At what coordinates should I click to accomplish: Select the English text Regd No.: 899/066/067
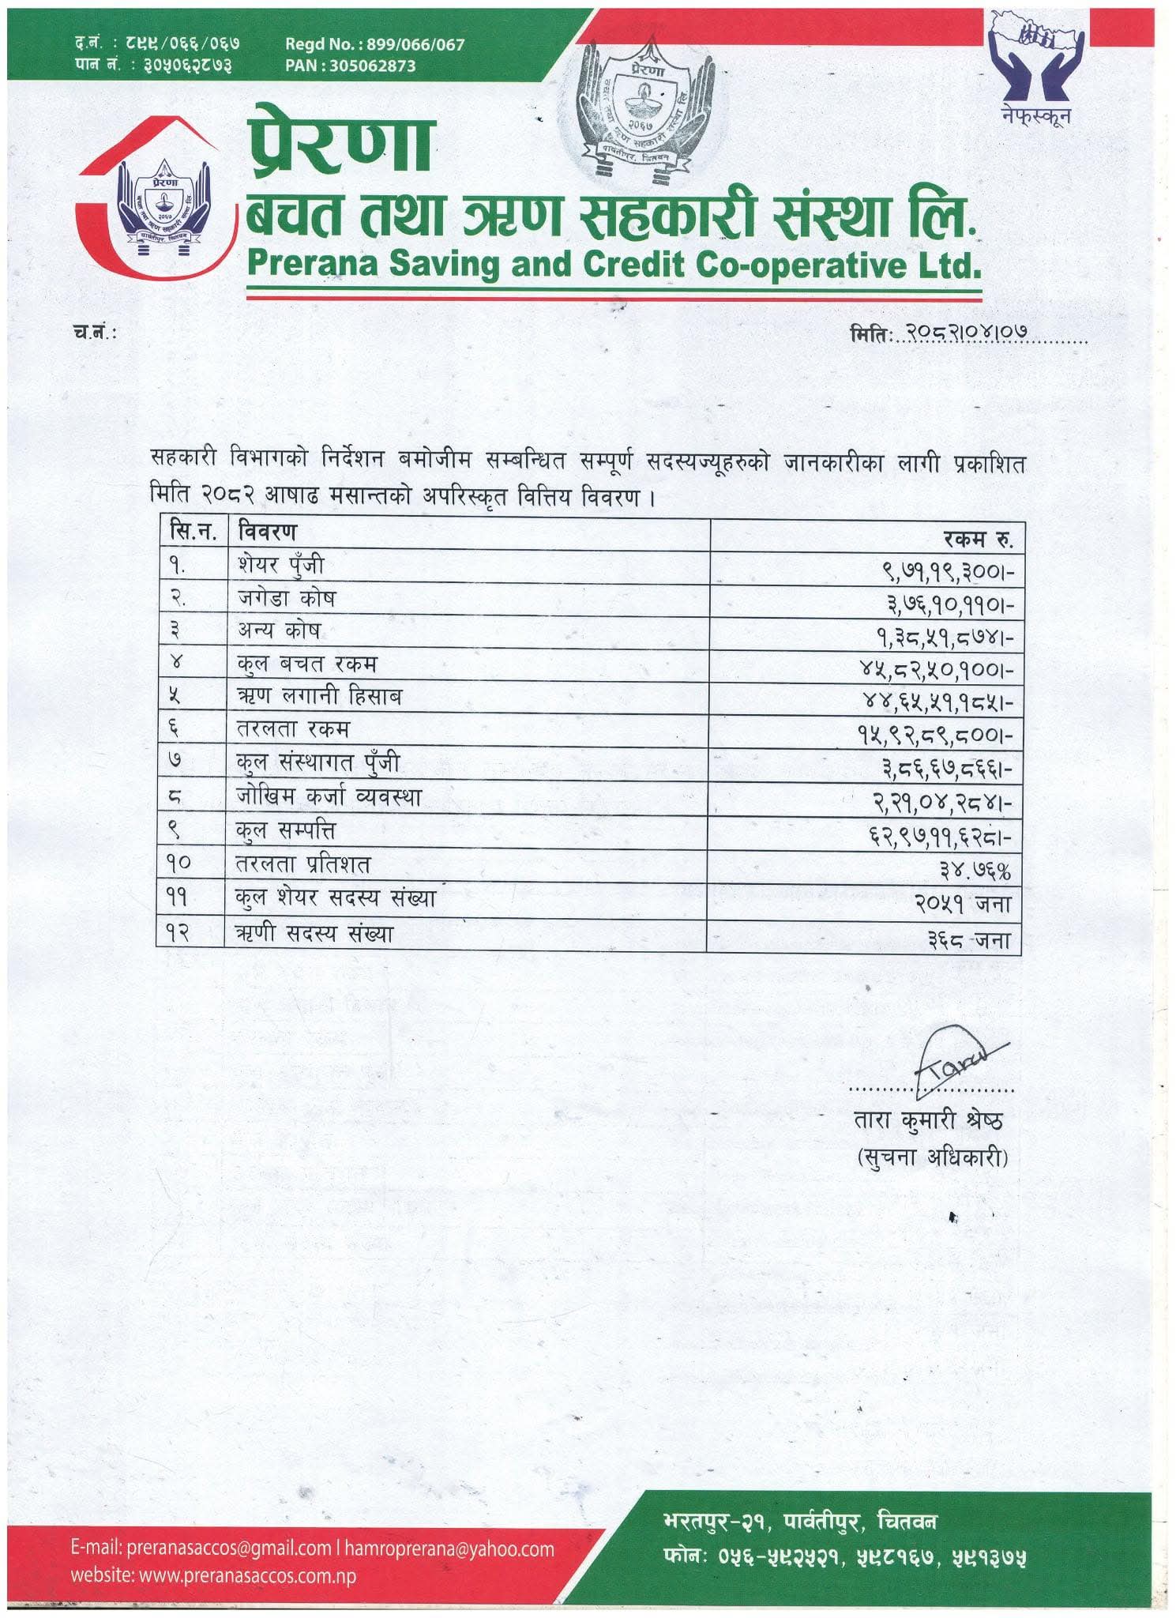[x=375, y=45]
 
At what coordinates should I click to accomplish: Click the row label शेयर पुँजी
[x=280, y=565]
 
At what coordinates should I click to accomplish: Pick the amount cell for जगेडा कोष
[x=948, y=604]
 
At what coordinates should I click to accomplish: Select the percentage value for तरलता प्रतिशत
[x=975, y=870]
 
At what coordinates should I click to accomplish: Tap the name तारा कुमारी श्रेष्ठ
[x=928, y=1120]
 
